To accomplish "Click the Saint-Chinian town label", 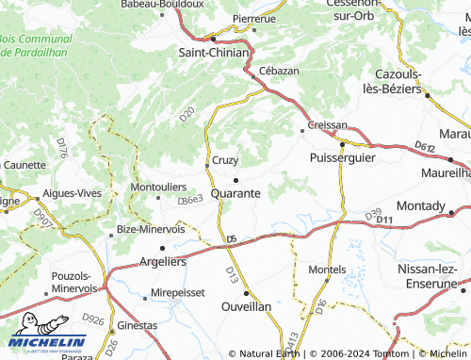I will [x=214, y=53].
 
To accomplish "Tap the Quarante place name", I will [x=236, y=192].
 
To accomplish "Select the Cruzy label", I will [x=225, y=160].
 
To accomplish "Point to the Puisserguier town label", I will [x=342, y=157].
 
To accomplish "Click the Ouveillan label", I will [x=247, y=306].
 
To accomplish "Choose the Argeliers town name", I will [x=162, y=261].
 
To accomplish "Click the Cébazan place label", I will [x=279, y=71].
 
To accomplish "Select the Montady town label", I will [x=421, y=205].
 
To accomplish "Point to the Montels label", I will [x=327, y=270].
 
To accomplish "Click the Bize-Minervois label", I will [x=151, y=229].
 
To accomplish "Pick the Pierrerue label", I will [x=254, y=18].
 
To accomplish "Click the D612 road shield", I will [x=424, y=147].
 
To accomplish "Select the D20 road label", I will [x=187, y=114].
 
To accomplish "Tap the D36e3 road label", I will [x=190, y=200].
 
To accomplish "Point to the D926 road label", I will [x=93, y=319].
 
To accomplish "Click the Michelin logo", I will [x=47, y=342].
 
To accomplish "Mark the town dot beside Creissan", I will [x=301, y=129].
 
